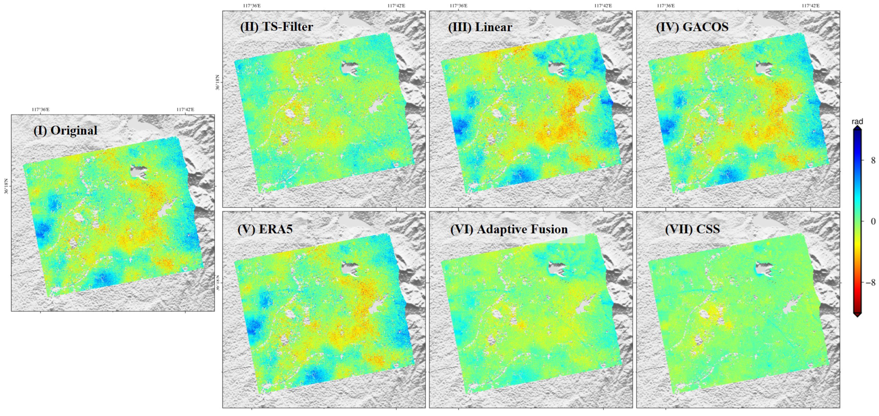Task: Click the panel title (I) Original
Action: click(x=65, y=131)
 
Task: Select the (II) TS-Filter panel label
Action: click(x=276, y=27)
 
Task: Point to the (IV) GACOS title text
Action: click(x=692, y=27)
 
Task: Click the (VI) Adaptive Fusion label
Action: click(x=509, y=229)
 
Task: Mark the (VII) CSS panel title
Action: click(x=692, y=229)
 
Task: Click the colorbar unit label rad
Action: click(x=857, y=122)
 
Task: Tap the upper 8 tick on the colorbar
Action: click(x=873, y=160)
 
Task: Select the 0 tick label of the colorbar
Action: click(x=873, y=222)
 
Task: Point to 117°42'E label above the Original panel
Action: click(x=185, y=109)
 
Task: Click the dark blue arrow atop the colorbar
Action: click(x=857, y=128)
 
